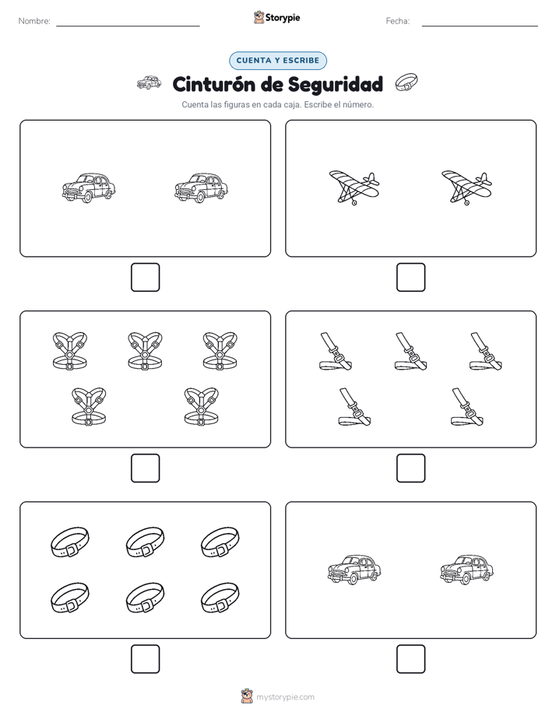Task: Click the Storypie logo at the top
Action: click(276, 17)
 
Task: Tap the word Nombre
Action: click(34, 21)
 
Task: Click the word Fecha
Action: click(397, 21)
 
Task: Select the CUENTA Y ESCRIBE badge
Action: click(277, 61)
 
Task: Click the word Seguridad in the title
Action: click(336, 85)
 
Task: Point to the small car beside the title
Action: click(149, 83)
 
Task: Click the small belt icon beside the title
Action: click(406, 82)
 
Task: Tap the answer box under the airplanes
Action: click(410, 278)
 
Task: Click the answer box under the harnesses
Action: click(146, 468)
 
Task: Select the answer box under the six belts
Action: click(146, 659)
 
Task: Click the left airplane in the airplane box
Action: click(354, 187)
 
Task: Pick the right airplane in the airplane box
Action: click(466, 187)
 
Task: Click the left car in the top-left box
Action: click(89, 188)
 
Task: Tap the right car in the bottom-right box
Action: click(466, 570)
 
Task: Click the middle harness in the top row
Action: click(145, 351)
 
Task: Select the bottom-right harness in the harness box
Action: click(202, 406)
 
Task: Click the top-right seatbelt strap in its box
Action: click(485, 352)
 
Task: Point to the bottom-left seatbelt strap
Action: click(354, 407)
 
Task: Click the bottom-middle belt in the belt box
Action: click(145, 598)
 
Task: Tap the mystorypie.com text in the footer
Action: click(285, 697)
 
